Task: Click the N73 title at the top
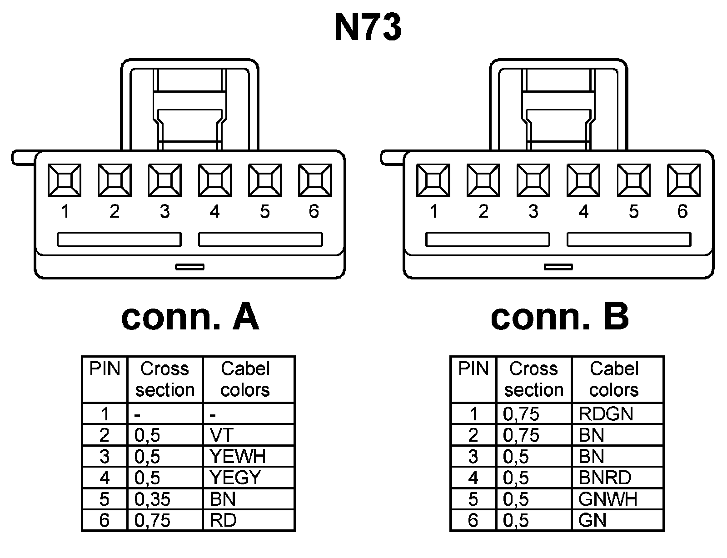(368, 28)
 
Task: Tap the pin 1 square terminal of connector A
(65, 180)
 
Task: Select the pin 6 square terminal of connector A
(314, 180)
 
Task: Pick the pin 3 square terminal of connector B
(533, 180)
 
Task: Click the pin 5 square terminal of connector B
(633, 180)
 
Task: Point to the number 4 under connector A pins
(214, 211)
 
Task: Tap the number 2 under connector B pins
(483, 211)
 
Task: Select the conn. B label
(559, 317)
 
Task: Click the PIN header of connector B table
(473, 369)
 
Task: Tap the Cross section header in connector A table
(164, 379)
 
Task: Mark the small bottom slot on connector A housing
(190, 267)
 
